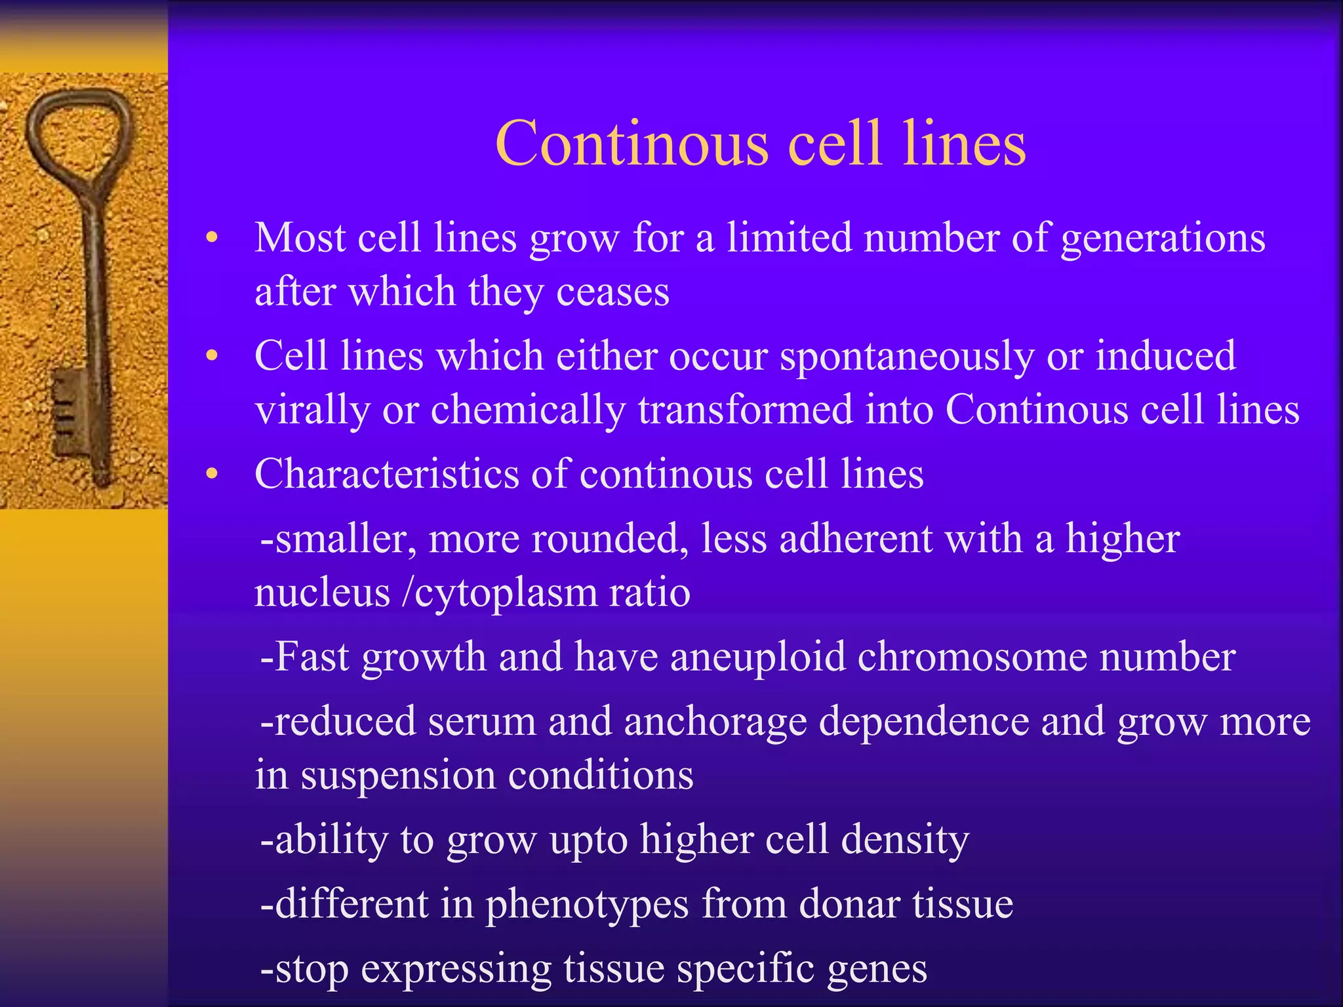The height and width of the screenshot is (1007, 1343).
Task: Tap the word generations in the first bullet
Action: (x=1163, y=237)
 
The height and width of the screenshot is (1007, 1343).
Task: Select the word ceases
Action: (x=612, y=292)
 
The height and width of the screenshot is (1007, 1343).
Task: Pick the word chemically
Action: (x=528, y=410)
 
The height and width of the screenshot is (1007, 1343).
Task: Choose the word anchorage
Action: (x=715, y=721)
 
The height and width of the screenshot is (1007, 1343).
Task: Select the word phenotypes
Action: (x=587, y=905)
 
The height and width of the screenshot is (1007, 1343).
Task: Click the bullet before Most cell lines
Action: (x=211, y=238)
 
